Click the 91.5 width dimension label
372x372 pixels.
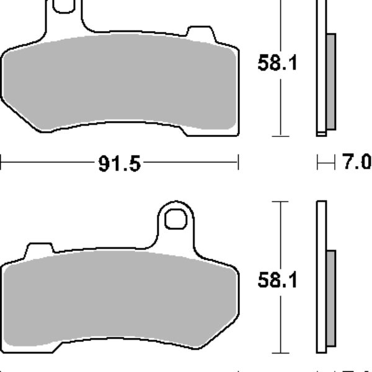[x=119, y=164]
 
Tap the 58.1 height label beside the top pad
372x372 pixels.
[x=277, y=63]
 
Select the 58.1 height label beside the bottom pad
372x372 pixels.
[x=277, y=280]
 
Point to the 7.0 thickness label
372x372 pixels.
[x=356, y=162]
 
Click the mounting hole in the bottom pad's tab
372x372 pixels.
[x=175, y=219]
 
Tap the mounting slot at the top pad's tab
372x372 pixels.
[x=64, y=6]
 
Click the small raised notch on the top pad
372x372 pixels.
[x=201, y=34]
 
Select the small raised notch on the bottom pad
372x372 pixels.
[x=40, y=250]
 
